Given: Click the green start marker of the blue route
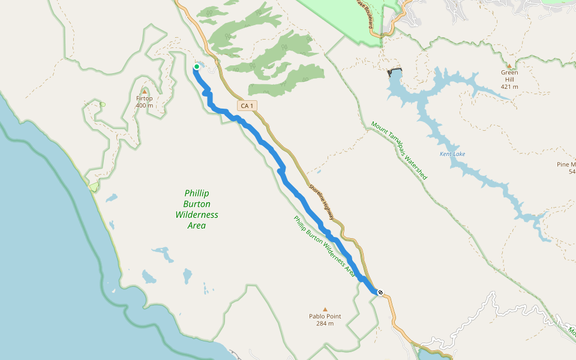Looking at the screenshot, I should (196, 67).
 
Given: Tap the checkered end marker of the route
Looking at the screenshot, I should (380, 292).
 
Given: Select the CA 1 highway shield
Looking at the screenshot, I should (247, 106).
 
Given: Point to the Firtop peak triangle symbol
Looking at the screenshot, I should (145, 91).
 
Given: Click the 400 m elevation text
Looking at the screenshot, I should (145, 106).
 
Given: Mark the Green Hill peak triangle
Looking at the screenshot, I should (509, 65).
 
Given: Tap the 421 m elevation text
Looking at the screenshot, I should (509, 87).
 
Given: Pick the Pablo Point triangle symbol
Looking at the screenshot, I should (325, 310).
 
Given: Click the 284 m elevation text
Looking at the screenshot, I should (325, 324).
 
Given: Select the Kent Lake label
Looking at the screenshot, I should (452, 154).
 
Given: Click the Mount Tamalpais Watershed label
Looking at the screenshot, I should (399, 151).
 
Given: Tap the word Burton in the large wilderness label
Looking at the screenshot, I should (197, 204).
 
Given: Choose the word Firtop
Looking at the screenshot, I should (145, 98).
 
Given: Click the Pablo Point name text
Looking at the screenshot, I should (325, 317).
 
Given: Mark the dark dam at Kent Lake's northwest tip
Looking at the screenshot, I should (395, 72).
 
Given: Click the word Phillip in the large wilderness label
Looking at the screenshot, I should (197, 193).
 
